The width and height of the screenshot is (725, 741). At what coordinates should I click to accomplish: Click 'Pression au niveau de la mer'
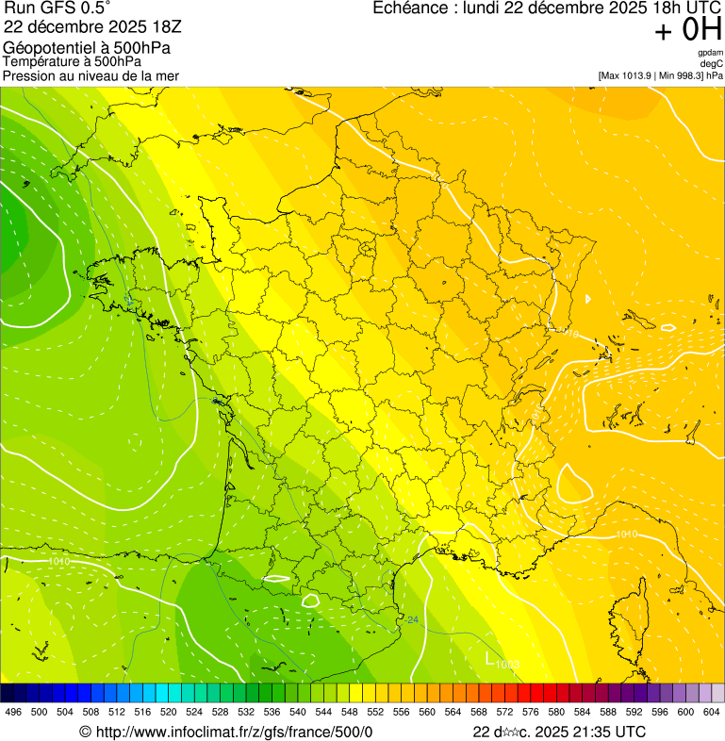[x=91, y=75]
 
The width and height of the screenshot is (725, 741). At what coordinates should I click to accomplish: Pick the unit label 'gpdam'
[x=710, y=53]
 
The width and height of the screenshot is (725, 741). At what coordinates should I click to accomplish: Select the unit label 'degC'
[x=712, y=64]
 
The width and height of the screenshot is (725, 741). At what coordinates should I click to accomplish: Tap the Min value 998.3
[x=683, y=75]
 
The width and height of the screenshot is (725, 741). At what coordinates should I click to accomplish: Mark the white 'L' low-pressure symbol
[x=489, y=658]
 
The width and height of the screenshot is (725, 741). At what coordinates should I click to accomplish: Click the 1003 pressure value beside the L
[x=508, y=665]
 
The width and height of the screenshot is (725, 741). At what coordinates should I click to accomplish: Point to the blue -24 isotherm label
[x=411, y=619]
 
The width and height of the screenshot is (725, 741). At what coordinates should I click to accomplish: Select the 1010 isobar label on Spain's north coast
[x=58, y=562]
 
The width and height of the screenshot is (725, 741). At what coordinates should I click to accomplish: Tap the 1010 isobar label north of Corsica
[x=626, y=535]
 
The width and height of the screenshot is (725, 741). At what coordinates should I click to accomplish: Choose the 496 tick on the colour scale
[x=13, y=712]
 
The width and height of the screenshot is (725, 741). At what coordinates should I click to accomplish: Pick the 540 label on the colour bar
[x=298, y=712]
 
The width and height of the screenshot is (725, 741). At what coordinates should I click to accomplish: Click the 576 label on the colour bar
[x=531, y=712]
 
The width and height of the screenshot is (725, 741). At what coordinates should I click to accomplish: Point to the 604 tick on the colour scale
[x=712, y=712]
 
